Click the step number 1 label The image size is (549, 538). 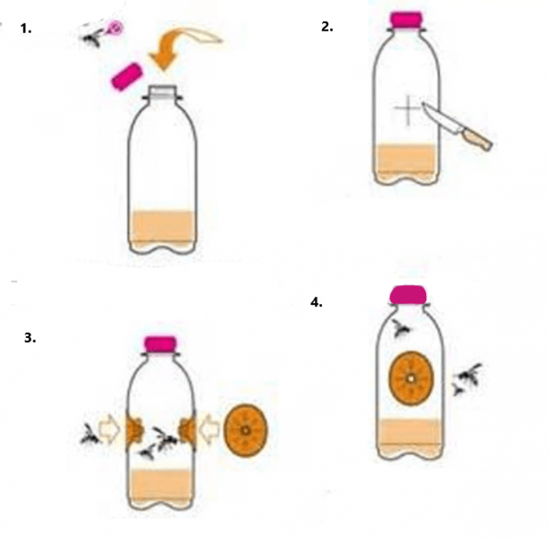[26, 29]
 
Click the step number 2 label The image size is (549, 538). [327, 27]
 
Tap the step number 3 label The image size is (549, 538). [30, 338]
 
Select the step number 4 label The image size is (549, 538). [317, 302]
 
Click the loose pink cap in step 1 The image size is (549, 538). [126, 76]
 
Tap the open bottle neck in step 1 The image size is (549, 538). [161, 92]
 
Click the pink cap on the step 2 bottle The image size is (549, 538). [406, 20]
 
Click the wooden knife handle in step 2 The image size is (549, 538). [476, 139]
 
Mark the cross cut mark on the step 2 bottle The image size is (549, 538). [408, 109]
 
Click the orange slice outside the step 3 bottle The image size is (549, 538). [246, 430]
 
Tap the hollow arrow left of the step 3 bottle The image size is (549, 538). [109, 430]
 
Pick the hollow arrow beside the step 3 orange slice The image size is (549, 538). [209, 430]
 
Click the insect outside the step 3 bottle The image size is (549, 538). [90, 435]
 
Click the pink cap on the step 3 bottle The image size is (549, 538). [161, 344]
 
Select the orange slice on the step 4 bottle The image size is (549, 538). [411, 378]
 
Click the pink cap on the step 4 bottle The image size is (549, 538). [408, 295]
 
